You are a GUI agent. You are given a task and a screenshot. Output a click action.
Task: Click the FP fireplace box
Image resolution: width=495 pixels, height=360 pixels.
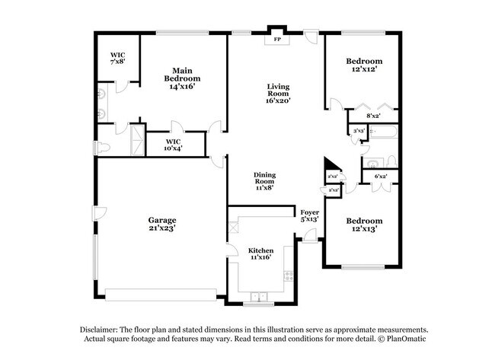pyautogui.click(x=276, y=38)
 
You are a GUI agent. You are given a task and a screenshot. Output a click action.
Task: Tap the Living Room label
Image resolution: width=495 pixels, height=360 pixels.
pyautogui.click(x=279, y=93)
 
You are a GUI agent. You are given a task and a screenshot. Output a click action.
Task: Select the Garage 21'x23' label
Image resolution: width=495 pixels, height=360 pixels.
pyautogui.click(x=162, y=225)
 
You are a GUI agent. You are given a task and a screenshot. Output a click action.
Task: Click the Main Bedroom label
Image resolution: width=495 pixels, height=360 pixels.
pyautogui.click(x=182, y=78)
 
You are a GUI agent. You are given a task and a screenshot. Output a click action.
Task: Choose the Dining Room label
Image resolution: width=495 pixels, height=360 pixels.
pyautogui.click(x=264, y=180)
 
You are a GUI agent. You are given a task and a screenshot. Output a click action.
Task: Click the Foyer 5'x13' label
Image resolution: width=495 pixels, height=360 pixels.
pyautogui.click(x=309, y=215)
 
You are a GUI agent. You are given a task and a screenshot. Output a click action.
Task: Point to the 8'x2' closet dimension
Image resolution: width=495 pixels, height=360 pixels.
pyautogui.click(x=373, y=116)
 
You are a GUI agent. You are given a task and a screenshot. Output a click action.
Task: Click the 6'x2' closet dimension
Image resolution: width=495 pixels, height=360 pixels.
pyautogui.click(x=380, y=177)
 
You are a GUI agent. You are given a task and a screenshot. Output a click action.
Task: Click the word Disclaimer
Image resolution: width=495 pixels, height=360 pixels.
pyautogui.click(x=104, y=329)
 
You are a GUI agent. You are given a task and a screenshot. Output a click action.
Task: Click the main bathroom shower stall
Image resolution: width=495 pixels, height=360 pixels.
pyautogui.click(x=138, y=139)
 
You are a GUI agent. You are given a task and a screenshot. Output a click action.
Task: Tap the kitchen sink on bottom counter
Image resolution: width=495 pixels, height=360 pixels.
pyautogui.click(x=258, y=296)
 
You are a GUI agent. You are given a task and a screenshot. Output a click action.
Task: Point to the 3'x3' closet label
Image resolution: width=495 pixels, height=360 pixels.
pyautogui.click(x=357, y=132)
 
